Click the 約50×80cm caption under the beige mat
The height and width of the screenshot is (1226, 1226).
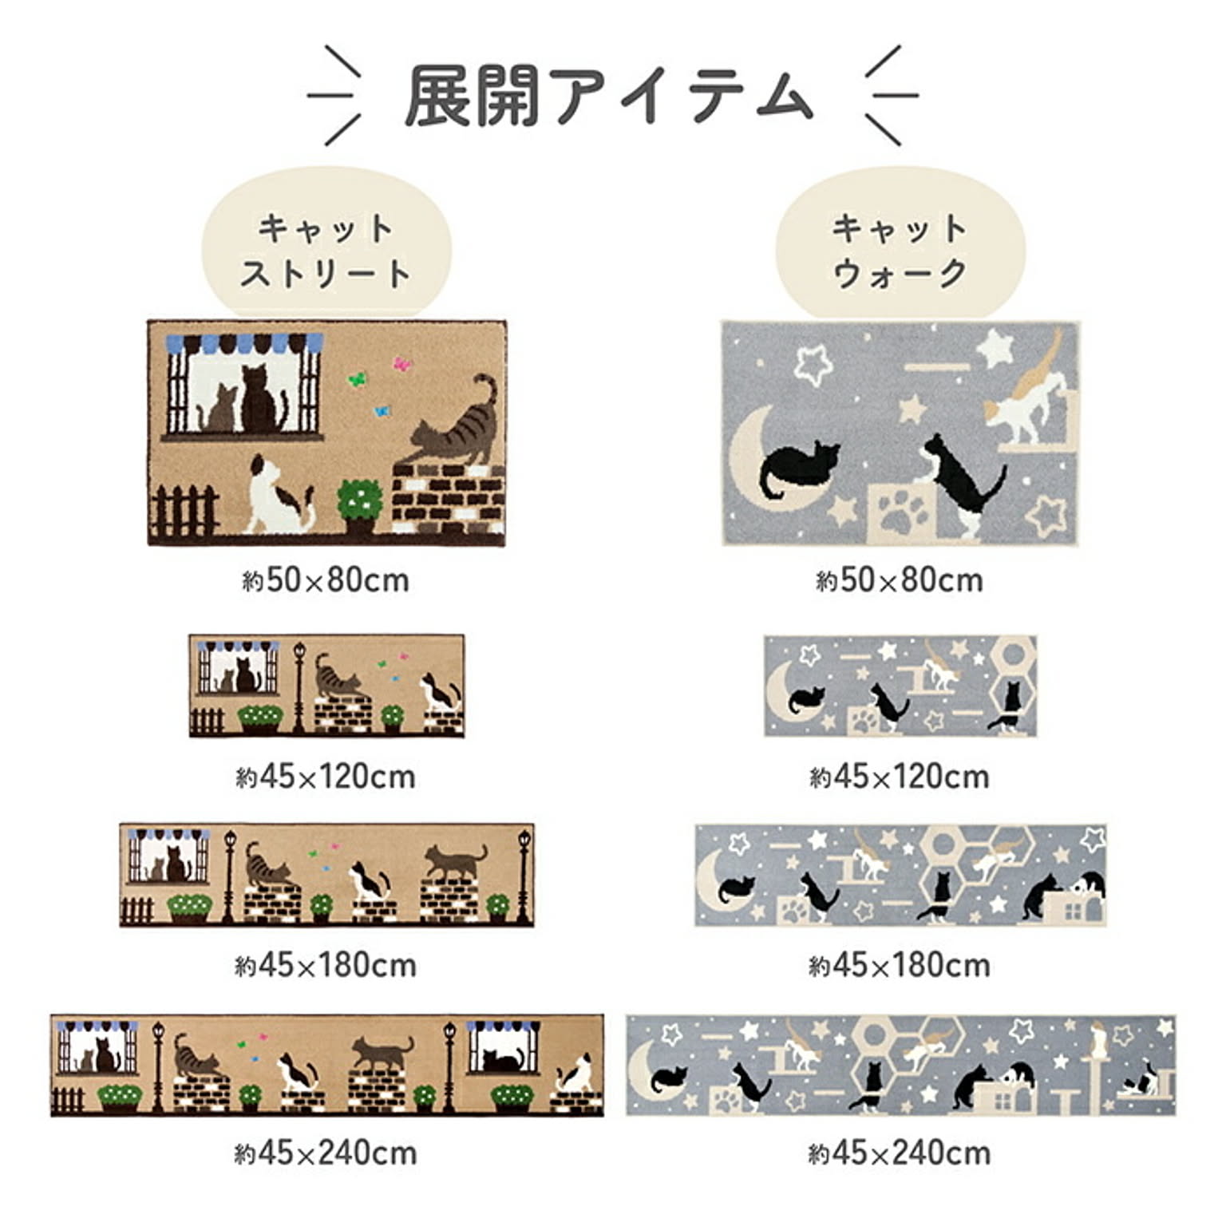(326, 580)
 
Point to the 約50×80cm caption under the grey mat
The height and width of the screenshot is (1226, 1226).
(900, 580)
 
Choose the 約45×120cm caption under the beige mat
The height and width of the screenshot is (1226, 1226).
(326, 777)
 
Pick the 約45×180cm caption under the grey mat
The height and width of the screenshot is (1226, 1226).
(900, 966)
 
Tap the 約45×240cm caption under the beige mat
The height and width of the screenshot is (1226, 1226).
(326, 1153)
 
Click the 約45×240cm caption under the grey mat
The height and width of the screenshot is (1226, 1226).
(900, 1153)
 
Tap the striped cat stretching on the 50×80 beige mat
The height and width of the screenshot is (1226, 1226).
(453, 424)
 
